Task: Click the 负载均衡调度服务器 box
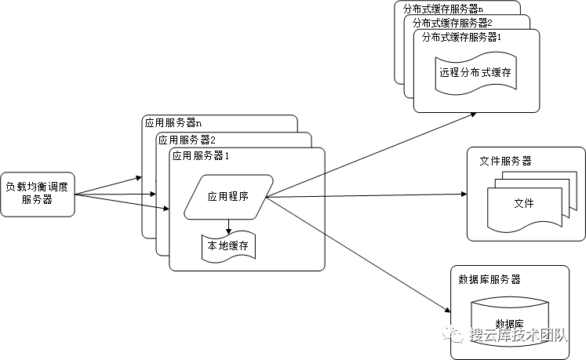tap(38, 194)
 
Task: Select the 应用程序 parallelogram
tap(228, 196)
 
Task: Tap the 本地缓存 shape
tap(227, 247)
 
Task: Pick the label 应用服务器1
tap(200, 155)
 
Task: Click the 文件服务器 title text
tap(505, 161)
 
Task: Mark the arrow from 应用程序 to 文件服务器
tap(369, 196)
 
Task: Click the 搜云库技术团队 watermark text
tap(518, 335)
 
